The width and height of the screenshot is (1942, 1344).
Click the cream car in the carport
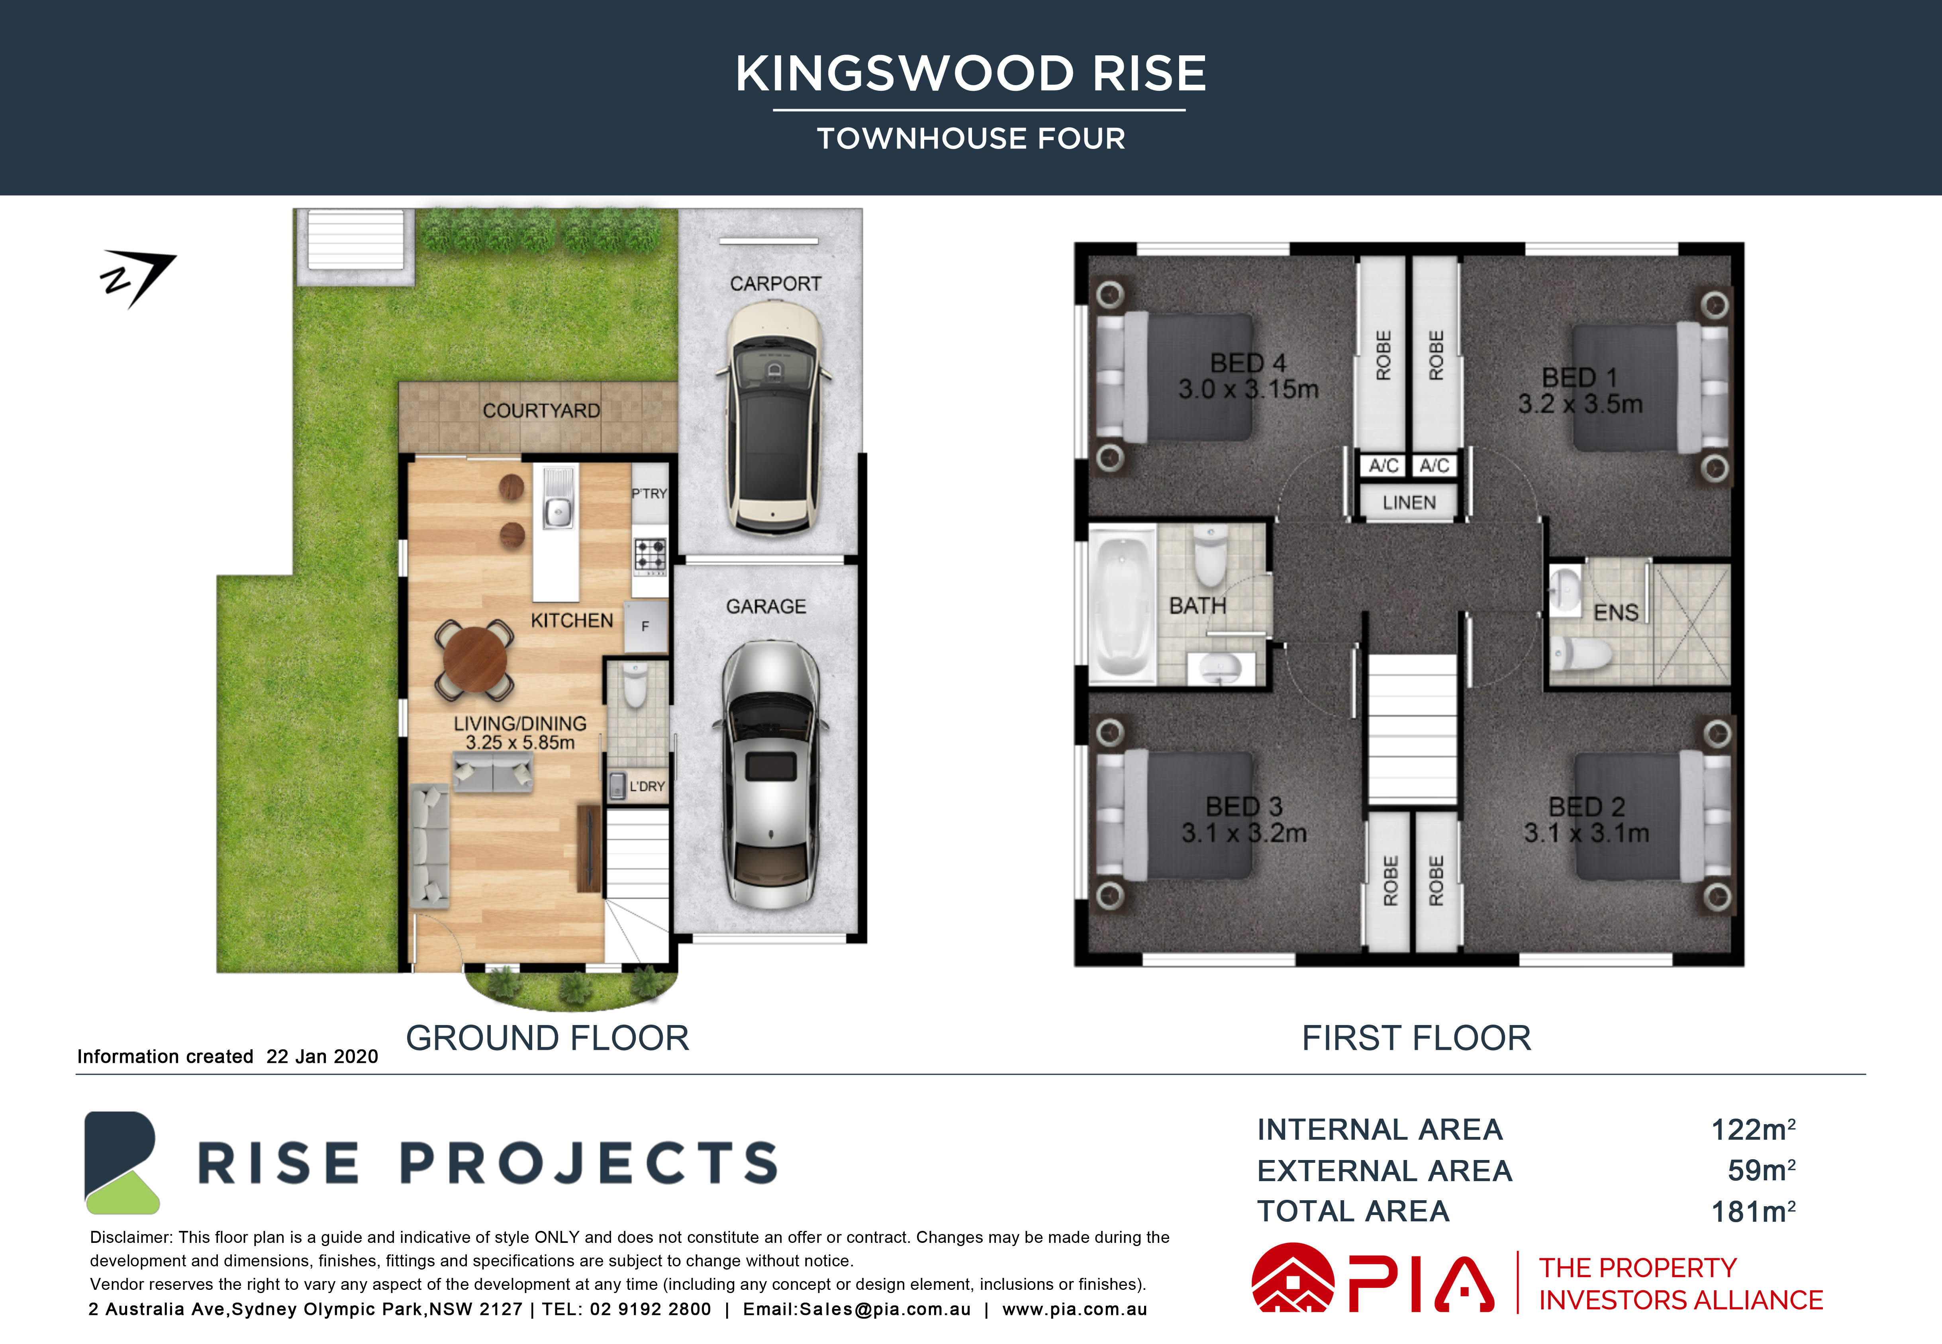(773, 419)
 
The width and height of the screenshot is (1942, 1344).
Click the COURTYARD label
(541, 411)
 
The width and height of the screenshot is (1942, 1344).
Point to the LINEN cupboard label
(1409, 503)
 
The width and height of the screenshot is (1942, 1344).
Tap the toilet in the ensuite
(1581, 653)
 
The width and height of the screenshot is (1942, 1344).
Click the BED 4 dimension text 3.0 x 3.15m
(1248, 389)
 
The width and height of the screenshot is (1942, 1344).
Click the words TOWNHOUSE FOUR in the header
(971, 138)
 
